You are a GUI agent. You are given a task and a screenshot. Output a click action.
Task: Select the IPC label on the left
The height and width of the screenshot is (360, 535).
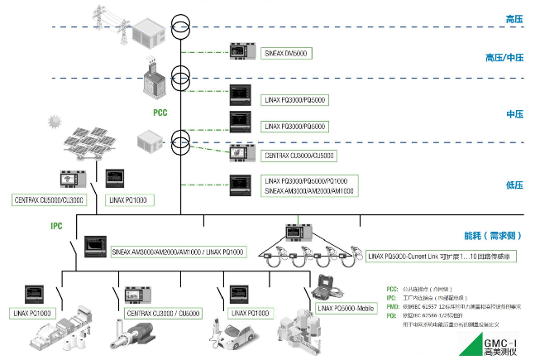(x=57, y=225)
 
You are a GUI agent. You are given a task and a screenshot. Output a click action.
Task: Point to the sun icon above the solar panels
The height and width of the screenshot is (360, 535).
(x=55, y=122)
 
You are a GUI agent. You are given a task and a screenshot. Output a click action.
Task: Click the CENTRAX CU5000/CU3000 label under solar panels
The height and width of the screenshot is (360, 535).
(x=49, y=199)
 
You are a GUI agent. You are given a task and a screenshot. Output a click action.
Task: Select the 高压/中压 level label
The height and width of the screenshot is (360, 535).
(x=504, y=58)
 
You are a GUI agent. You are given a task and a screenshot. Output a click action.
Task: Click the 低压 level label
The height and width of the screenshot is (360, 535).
(x=514, y=185)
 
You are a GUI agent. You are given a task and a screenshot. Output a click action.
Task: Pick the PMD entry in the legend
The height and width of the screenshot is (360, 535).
(x=393, y=305)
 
